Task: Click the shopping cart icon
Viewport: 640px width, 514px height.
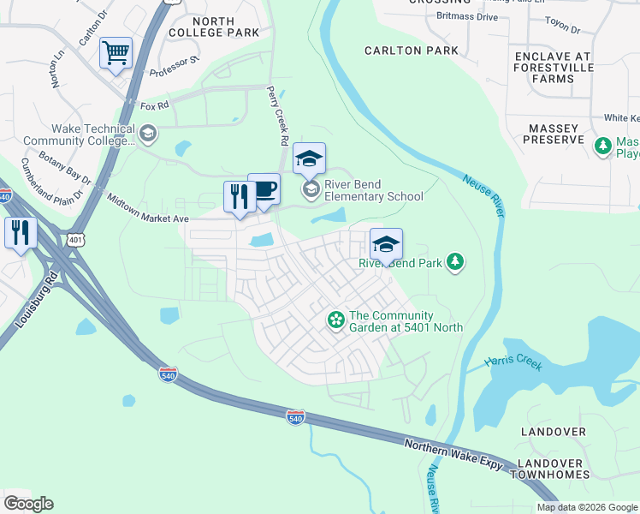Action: coord(116,53)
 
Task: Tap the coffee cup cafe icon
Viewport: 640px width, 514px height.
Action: coord(264,189)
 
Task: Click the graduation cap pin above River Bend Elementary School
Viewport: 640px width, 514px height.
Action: coord(309,158)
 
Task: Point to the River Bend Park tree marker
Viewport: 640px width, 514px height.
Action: coord(456,262)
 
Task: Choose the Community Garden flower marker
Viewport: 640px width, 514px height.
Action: coord(336,321)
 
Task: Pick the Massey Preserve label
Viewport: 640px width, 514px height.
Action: coord(554,135)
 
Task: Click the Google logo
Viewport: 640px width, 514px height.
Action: coord(28,504)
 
